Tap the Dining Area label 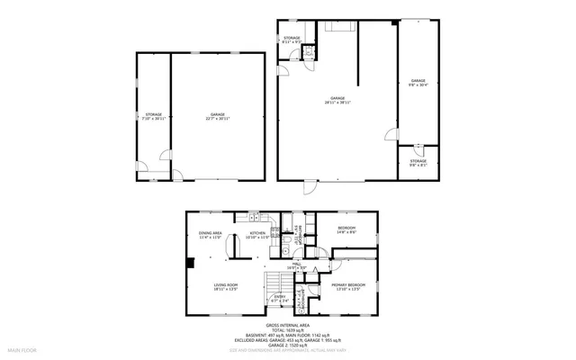211,235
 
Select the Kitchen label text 257,235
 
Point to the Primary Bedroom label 346,287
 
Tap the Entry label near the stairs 281,297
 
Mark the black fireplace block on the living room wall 191,263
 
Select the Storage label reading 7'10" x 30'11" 154,116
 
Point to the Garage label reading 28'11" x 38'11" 337,100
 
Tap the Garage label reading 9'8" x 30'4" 418,83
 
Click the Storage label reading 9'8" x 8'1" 418,163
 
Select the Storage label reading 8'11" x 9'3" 292,40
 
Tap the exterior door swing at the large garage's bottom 309,188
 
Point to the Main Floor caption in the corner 22,347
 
